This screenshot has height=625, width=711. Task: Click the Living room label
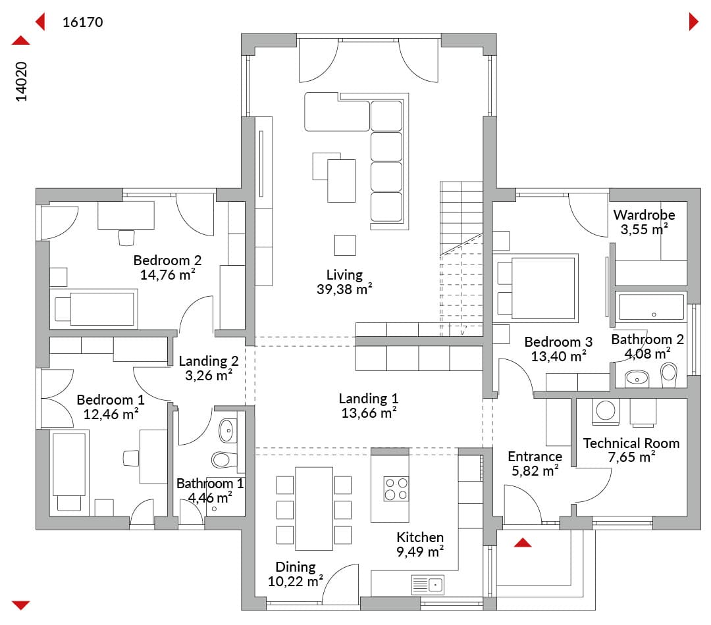click(x=344, y=274)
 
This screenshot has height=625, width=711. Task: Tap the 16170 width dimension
click(x=82, y=22)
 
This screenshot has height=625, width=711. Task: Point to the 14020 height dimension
click(x=21, y=82)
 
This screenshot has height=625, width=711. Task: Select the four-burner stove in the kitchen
click(x=396, y=488)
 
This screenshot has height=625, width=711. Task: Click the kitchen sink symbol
click(x=427, y=585)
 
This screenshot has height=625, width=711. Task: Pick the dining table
click(x=314, y=509)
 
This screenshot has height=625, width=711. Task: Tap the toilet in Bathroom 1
click(x=224, y=460)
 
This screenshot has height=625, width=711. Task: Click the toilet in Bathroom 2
click(x=668, y=375)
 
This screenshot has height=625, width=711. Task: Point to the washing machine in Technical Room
click(x=606, y=412)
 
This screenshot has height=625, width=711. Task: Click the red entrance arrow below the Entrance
click(x=522, y=543)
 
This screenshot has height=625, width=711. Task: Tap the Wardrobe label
click(x=644, y=215)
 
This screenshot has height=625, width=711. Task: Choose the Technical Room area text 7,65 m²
click(x=631, y=457)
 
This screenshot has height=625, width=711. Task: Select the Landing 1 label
click(x=368, y=399)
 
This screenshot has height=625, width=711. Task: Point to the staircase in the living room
click(x=461, y=259)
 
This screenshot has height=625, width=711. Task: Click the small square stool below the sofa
click(x=344, y=245)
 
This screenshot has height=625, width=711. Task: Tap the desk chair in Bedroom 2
click(x=126, y=238)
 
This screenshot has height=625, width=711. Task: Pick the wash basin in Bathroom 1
click(x=226, y=430)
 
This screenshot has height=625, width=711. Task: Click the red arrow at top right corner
click(x=693, y=21)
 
